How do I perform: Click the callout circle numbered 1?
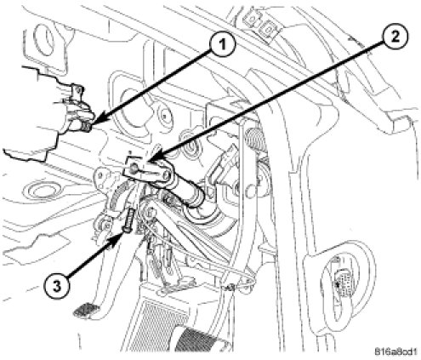[x=223, y=45]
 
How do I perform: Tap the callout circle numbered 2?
[x=395, y=37]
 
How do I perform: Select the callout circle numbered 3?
[x=57, y=286]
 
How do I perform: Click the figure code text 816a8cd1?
[x=396, y=351]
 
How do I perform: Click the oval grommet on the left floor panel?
[x=41, y=190]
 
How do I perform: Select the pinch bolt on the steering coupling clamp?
[x=133, y=170]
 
